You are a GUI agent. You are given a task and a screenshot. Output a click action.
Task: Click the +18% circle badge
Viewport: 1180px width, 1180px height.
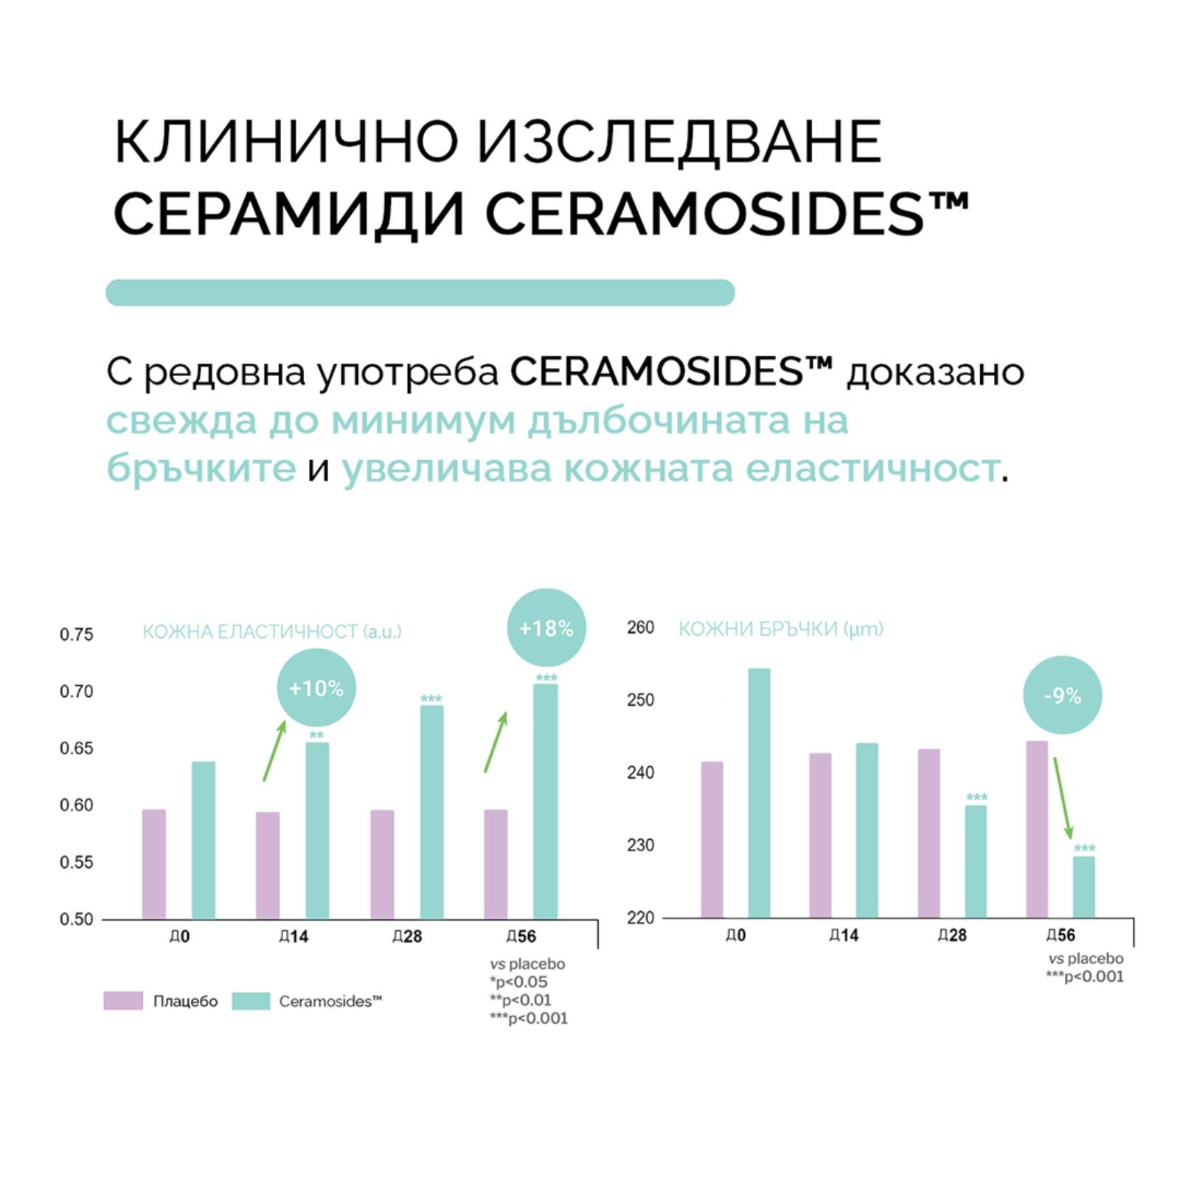[546, 628]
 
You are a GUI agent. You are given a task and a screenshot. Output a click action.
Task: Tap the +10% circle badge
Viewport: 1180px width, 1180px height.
[316, 688]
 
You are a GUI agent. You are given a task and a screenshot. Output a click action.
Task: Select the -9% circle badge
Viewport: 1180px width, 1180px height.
[1062, 695]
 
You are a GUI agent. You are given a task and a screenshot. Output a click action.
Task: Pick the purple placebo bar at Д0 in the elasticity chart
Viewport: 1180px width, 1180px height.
[154, 864]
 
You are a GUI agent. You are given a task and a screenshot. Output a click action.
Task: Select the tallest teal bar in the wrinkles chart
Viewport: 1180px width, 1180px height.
[759, 793]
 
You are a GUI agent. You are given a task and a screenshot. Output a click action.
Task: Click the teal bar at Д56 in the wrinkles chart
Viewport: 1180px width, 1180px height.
[1083, 886]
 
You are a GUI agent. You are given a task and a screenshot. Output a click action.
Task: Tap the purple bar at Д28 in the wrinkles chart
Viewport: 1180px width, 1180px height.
[929, 833]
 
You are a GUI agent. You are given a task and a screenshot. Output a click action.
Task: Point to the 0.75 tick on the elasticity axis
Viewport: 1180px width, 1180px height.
[77, 634]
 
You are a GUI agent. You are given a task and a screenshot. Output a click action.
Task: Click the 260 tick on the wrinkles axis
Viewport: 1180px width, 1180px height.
[640, 627]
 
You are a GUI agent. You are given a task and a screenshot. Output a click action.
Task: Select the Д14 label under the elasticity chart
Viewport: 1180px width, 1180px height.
[294, 936]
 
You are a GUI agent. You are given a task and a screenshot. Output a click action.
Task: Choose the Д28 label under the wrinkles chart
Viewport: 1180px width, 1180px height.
[952, 934]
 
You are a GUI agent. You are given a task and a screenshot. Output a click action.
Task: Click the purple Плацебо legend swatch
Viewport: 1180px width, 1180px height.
[123, 1001]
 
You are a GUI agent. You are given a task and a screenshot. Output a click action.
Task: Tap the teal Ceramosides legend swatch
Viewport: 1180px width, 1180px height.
[251, 1001]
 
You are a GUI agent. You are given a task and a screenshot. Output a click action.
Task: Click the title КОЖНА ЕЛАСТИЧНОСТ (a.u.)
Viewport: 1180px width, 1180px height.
[271, 631]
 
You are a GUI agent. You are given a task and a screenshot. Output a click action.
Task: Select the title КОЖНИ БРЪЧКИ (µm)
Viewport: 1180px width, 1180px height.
[780, 629]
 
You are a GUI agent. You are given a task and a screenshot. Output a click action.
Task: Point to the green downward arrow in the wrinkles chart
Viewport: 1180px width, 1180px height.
[1063, 798]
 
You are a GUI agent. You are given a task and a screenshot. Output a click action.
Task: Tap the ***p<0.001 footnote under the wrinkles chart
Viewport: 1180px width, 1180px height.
[1084, 976]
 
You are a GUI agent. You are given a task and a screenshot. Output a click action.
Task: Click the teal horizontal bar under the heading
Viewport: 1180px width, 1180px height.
[420, 292]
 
